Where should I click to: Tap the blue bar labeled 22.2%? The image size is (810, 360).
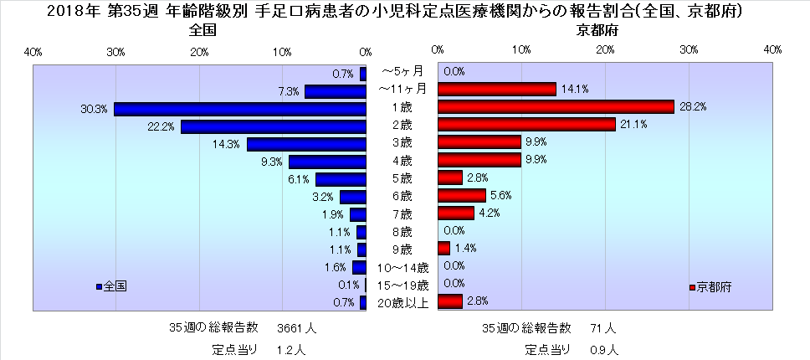(274, 126)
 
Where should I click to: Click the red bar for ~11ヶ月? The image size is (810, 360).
(496, 89)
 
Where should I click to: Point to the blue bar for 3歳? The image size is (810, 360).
(306, 144)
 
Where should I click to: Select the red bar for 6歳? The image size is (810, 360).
(461, 195)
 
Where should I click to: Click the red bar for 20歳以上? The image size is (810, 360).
(449, 301)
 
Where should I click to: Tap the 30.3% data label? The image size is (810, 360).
(93, 109)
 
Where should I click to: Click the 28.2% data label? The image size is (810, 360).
(691, 106)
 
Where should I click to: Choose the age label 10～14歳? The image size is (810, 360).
(402, 268)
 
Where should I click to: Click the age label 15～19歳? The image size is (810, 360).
(402, 285)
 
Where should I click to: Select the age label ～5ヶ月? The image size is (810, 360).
(402, 72)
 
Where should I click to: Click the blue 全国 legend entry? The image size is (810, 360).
(111, 286)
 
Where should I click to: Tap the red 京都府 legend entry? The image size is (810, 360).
(711, 286)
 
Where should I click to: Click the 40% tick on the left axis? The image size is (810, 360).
(33, 52)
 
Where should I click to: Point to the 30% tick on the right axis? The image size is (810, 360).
(689, 52)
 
